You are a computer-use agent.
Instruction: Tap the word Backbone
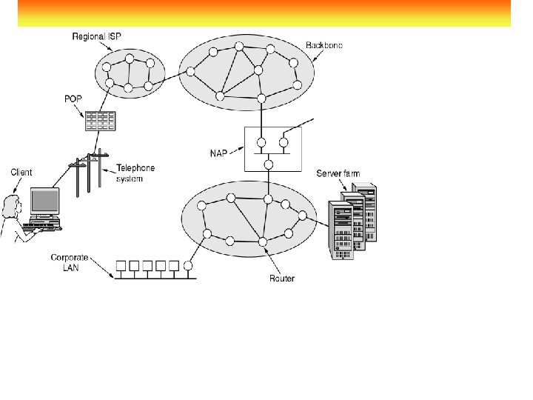point(324,45)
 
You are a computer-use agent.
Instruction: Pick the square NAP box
point(268,149)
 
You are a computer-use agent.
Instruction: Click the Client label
point(21,173)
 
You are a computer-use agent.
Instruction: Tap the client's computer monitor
point(44,200)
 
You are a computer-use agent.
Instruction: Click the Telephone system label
point(135,173)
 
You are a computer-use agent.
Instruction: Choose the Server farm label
point(338,173)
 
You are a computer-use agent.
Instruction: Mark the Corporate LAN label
point(70,262)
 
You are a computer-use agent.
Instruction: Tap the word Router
point(282,279)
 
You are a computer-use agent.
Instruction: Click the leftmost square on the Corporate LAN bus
point(120,265)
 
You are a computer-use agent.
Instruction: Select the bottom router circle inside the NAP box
point(269,164)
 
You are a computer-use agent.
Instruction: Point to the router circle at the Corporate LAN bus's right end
point(189,264)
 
